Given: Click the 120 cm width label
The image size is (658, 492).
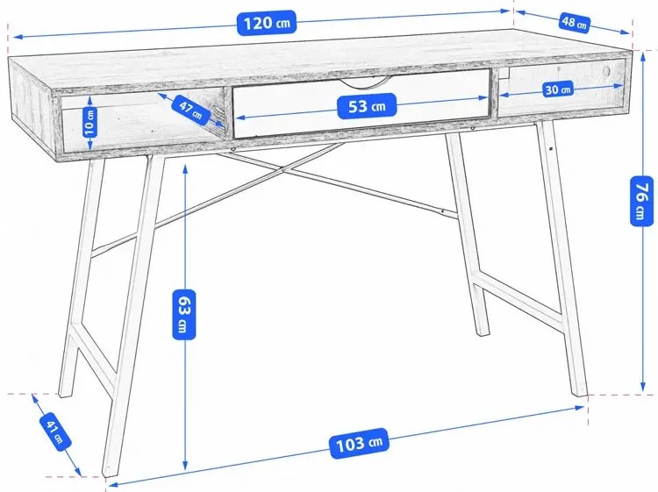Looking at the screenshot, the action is click(x=267, y=23).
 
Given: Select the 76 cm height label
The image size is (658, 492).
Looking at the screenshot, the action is click(x=642, y=202).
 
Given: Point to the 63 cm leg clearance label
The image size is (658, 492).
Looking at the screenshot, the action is click(x=184, y=314).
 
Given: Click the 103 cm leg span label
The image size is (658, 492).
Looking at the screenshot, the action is click(x=359, y=444).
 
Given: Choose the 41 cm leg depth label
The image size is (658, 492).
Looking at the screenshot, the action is click(x=55, y=432).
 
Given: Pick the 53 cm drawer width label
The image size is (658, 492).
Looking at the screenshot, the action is click(x=368, y=106).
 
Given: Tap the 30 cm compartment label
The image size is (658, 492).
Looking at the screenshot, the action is click(x=558, y=89).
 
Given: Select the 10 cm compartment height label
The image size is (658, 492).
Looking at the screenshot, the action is click(x=89, y=122).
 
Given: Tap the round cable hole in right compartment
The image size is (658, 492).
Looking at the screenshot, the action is click(x=607, y=70).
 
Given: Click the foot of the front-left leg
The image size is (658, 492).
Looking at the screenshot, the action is click(x=110, y=472).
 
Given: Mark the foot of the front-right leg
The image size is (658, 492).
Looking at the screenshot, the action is click(x=581, y=391).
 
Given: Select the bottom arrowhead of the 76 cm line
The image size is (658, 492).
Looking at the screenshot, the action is click(x=643, y=388).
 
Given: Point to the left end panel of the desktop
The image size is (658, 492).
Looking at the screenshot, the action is click(x=32, y=91).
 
